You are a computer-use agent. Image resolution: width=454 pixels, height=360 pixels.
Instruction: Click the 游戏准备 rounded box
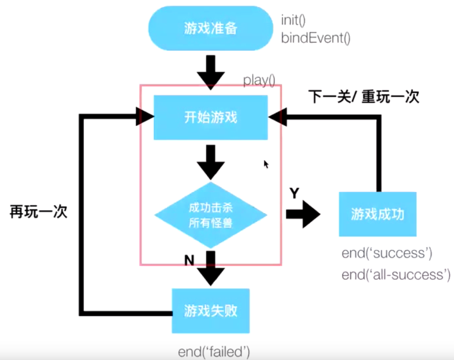point(211,28)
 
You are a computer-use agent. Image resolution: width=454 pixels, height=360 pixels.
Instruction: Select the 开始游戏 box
point(210,117)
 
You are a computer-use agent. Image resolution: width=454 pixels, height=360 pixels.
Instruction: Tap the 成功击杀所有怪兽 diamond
point(211,216)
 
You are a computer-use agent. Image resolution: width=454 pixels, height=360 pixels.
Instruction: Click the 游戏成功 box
point(378,214)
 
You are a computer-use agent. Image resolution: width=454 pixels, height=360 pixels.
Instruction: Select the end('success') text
point(387,253)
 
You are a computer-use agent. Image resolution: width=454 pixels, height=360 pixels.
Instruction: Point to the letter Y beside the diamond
point(294,193)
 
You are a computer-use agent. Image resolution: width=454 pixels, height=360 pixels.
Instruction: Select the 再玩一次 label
point(38,212)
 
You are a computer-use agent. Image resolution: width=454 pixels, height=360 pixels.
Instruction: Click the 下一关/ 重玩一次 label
point(363,97)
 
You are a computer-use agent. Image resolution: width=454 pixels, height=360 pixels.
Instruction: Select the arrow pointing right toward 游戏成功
point(304,215)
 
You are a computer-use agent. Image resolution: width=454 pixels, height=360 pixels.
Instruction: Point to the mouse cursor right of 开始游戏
point(266,164)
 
